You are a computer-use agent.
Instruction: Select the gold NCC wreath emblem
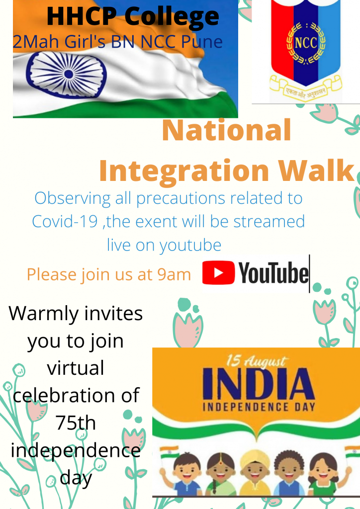tap(305, 43)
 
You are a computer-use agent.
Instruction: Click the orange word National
tap(226, 130)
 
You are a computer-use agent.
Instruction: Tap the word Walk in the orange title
tap(316, 170)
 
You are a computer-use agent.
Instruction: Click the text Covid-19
tap(65, 222)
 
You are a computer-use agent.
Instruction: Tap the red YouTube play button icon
tap(218, 273)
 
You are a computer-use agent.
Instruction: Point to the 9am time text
tap(174, 275)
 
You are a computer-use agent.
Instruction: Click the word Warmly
tap(44, 315)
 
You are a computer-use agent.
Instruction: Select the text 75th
tap(76, 423)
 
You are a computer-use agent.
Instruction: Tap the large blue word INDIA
tap(259, 384)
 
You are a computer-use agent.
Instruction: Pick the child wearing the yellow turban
tap(255, 473)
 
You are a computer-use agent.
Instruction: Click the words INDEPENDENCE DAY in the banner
tap(259, 407)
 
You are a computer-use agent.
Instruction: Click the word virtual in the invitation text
tap(76, 368)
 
